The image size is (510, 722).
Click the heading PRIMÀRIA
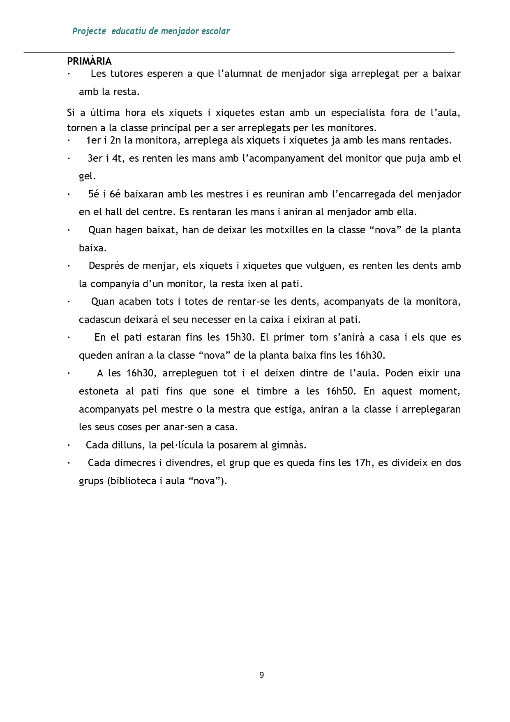tap(89, 61)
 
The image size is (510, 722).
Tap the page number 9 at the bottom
tap(261, 675)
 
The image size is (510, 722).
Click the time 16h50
tap(340, 391)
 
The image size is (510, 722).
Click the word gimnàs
tap(289, 445)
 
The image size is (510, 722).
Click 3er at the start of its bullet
tap(95, 158)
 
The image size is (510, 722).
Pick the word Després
tap(106, 266)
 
